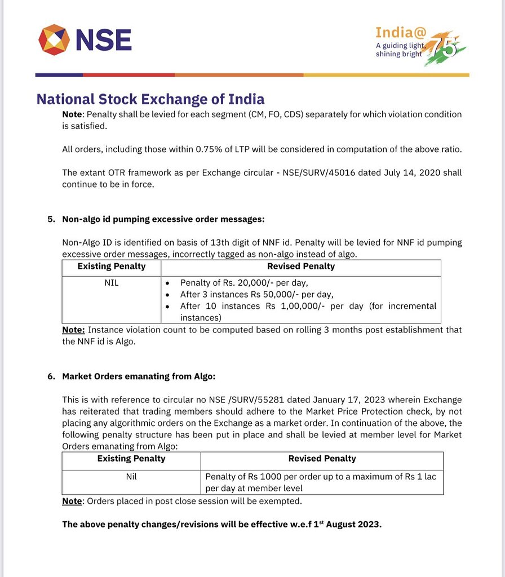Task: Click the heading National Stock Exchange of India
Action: (x=150, y=100)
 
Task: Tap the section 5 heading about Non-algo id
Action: (x=163, y=219)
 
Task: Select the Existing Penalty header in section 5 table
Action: (x=112, y=267)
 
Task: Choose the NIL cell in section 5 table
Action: (x=112, y=283)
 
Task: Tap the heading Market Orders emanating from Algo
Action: (x=139, y=376)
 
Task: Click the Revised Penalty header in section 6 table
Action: (x=322, y=459)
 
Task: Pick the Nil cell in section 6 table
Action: (x=131, y=477)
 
